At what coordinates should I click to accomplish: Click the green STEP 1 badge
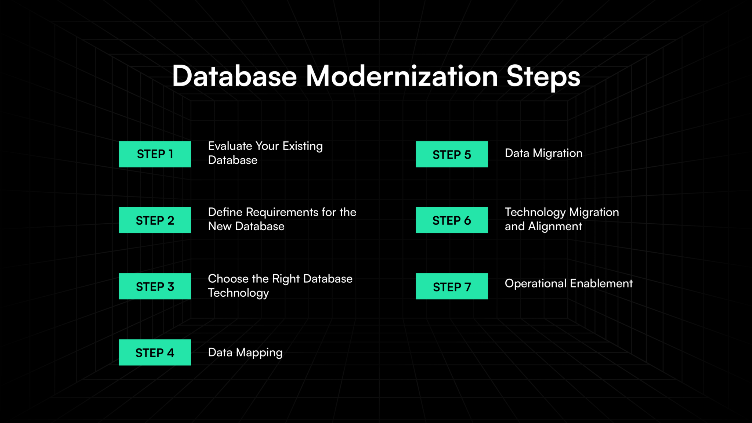point(155,154)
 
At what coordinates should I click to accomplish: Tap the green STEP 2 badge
point(155,220)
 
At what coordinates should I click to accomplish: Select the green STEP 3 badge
point(155,286)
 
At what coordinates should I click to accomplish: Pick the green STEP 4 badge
point(155,352)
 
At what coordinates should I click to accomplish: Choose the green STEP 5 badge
point(452,154)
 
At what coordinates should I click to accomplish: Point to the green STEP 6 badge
point(452,220)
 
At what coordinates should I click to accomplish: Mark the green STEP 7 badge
point(452,286)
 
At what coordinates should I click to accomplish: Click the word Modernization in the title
point(401,76)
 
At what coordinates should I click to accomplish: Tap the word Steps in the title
point(543,77)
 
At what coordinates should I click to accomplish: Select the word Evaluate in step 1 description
point(230,146)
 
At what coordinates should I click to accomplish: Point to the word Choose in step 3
point(228,279)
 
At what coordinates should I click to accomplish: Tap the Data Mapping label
point(245,352)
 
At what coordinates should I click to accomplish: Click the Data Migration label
point(543,153)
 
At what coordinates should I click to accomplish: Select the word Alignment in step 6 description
point(555,227)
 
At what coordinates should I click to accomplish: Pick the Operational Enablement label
point(568,283)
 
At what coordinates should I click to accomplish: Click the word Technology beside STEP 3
point(238,293)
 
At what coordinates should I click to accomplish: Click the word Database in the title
point(234,76)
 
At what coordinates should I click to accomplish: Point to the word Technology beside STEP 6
point(535,212)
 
